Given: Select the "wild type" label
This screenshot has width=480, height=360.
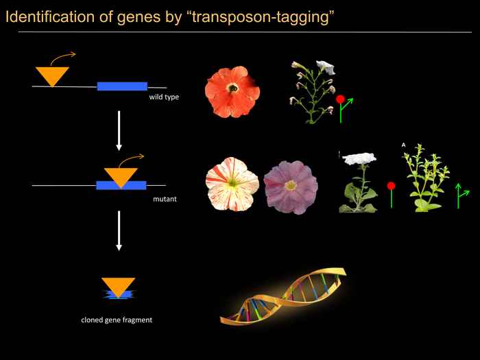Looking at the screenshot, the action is coord(164,97).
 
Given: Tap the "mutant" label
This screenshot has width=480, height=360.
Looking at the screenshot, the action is coord(165,199).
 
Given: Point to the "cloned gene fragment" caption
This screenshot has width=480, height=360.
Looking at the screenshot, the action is coord(117,320).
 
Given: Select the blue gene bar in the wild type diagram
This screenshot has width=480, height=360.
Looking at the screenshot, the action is coord(122,86).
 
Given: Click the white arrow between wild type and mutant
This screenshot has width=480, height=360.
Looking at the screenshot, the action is coord(119,131).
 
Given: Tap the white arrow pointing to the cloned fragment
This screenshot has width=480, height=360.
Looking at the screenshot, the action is coord(119,231).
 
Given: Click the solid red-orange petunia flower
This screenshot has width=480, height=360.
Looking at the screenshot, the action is coord(232,92).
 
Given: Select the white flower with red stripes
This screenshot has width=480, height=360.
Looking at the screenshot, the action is coord(232,184).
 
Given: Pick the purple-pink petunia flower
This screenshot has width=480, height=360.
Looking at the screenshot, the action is coord(291,187).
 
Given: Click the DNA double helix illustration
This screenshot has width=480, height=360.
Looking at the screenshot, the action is coord(283,296).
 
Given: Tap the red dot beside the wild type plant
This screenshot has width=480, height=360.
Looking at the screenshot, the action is coord(340,99).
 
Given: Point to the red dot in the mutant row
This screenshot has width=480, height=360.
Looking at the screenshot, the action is coord(391,186).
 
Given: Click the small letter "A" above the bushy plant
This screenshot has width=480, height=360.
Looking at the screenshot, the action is coord(403,145).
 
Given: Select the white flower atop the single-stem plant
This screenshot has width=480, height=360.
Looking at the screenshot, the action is coord(359,158).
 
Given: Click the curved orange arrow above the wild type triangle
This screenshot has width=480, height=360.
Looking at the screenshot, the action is coord(63,58).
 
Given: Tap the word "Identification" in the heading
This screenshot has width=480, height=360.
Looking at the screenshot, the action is coord(50,17).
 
